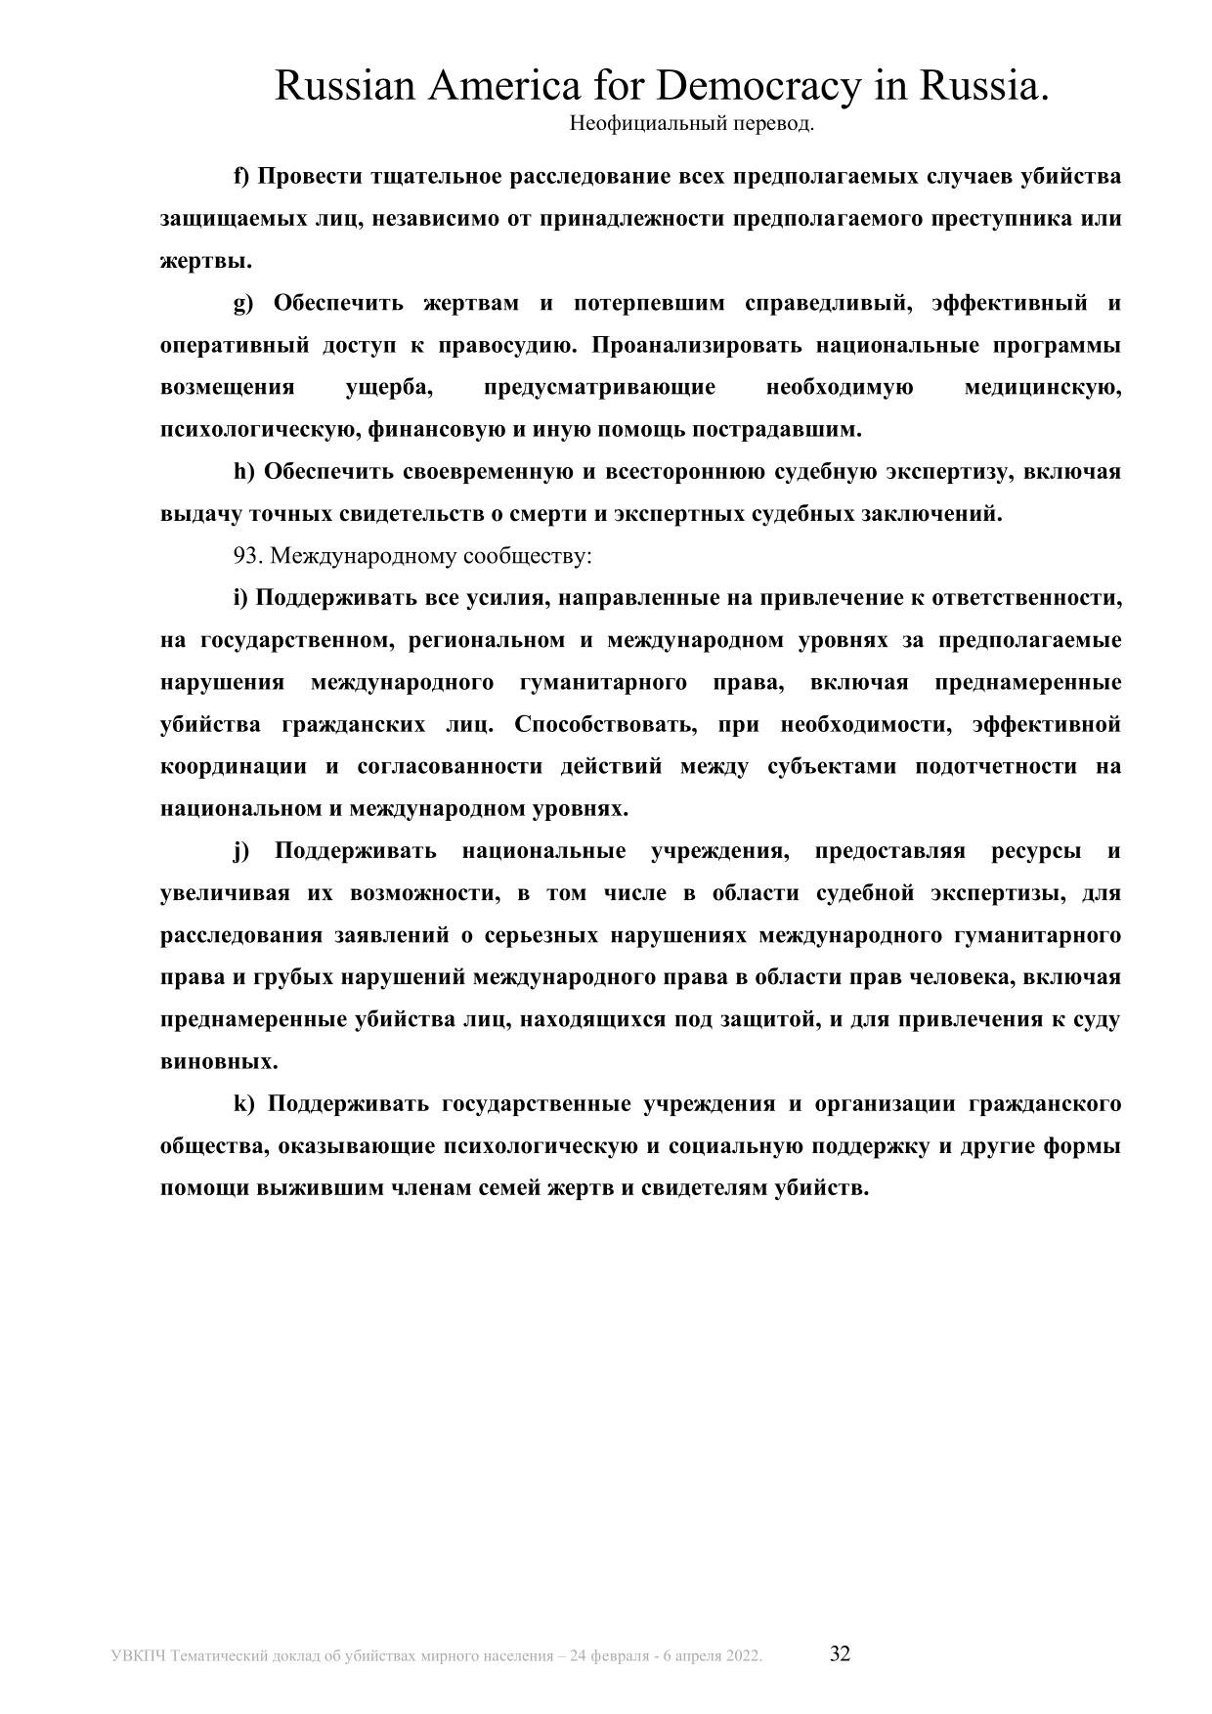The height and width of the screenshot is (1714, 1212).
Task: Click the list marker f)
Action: [x=241, y=177]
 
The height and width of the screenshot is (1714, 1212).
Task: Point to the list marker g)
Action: [x=242, y=303]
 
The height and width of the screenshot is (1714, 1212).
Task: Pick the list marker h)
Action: [x=243, y=472]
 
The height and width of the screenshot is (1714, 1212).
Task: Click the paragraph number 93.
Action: [x=248, y=556]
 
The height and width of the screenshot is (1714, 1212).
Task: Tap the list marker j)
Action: [x=241, y=851]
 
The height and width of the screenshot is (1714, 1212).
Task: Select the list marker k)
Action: [x=243, y=1104]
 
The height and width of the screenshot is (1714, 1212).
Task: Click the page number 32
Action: [x=840, y=1653]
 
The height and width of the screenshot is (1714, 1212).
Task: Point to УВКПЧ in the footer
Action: [x=138, y=1656]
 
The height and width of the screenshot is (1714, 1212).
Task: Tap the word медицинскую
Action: [x=1042, y=388]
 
